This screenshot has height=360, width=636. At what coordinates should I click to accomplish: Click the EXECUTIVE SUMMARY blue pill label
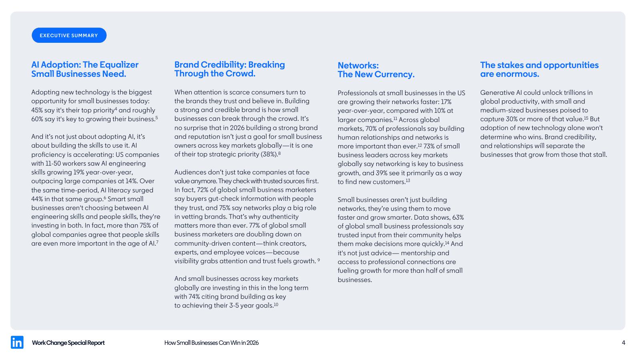69,35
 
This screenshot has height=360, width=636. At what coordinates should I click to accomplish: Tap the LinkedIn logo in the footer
17,342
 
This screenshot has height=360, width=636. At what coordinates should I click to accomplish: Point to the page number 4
623,342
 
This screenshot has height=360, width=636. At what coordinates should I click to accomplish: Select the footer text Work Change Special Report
68,343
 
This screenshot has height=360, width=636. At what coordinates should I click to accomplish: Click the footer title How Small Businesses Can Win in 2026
211,343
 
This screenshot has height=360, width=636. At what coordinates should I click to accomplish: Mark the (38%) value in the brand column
269,154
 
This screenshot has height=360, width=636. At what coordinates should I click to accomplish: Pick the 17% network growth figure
446,102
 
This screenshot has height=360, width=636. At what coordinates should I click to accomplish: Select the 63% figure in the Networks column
458,218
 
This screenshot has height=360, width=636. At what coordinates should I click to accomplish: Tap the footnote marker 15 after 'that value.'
586,118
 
